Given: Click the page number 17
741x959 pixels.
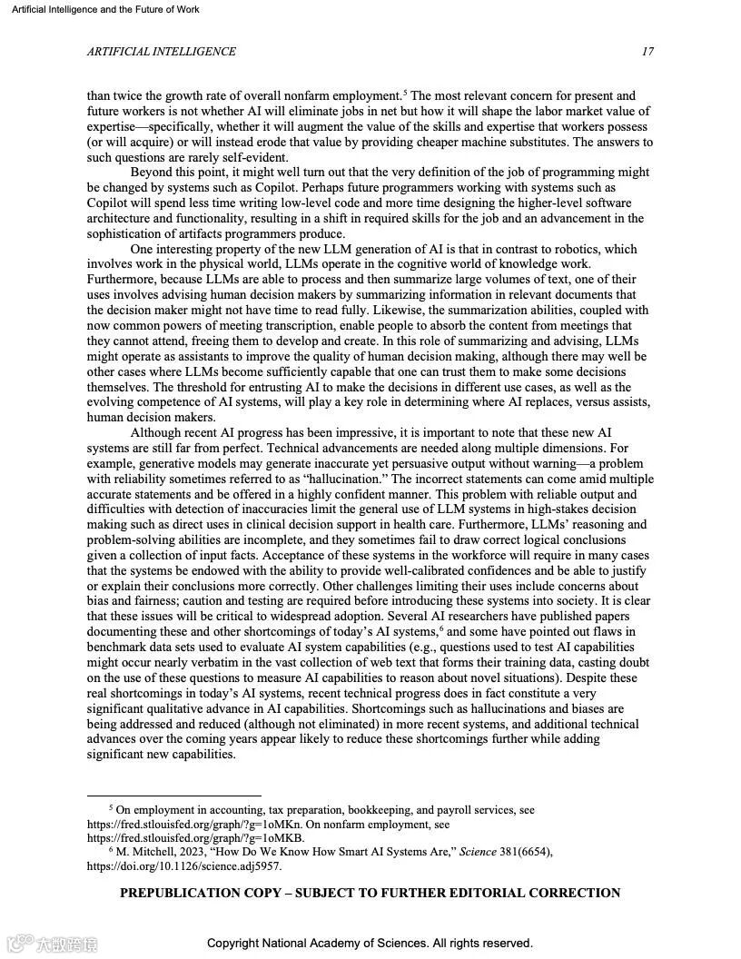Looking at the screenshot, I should (x=647, y=52).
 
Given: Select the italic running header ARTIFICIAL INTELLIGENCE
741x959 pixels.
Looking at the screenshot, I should (x=162, y=52).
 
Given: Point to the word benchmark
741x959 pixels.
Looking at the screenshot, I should (x=120, y=648).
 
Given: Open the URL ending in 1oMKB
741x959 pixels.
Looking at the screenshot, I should (x=195, y=838).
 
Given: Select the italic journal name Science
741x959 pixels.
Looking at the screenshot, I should (x=479, y=852).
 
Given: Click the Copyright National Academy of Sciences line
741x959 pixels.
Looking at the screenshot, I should (x=370, y=944).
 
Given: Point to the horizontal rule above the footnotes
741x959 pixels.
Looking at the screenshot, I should (x=173, y=796).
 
